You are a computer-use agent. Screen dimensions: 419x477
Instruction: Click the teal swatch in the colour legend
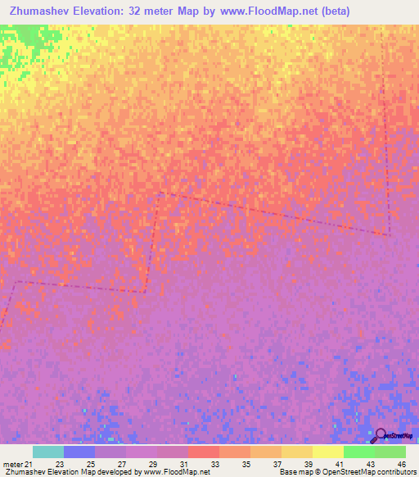coord(48,452)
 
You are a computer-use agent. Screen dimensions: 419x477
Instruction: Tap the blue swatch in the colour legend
coord(79,452)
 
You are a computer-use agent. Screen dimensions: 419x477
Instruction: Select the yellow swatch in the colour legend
coord(328,452)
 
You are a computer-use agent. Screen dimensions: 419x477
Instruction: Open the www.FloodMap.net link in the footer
coord(175,472)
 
